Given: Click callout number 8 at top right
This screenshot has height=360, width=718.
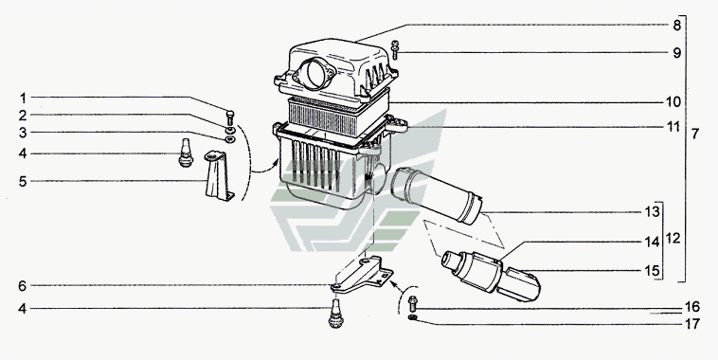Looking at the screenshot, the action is click(x=676, y=26).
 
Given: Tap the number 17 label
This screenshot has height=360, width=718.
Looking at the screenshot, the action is click(x=692, y=324).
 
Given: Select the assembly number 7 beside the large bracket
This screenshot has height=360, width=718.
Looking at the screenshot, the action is click(x=695, y=135).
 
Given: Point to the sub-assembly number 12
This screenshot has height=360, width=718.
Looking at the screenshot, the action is click(x=673, y=239).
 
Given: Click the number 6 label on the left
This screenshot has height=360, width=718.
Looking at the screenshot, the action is click(x=23, y=286).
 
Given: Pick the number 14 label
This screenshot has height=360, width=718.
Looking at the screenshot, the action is click(x=652, y=242).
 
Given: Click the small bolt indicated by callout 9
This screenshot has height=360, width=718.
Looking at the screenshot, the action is click(x=395, y=50).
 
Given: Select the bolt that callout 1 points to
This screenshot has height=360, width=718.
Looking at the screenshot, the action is click(x=230, y=117).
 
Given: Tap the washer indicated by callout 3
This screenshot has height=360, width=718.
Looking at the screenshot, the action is click(x=230, y=138).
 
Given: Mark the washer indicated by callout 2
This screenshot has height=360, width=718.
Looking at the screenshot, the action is click(x=230, y=131).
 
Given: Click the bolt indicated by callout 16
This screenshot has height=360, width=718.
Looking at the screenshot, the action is click(x=412, y=303).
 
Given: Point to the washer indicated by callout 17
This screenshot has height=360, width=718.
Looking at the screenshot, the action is click(x=412, y=317).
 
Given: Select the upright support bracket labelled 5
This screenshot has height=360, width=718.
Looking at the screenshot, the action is click(x=218, y=176).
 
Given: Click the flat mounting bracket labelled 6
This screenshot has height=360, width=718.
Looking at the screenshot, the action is click(x=362, y=276).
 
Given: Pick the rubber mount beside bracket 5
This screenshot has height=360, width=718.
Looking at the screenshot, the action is click(x=186, y=153).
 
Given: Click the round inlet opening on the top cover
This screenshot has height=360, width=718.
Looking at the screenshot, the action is click(x=315, y=73).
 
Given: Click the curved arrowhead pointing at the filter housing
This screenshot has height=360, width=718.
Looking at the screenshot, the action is click(x=277, y=162).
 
